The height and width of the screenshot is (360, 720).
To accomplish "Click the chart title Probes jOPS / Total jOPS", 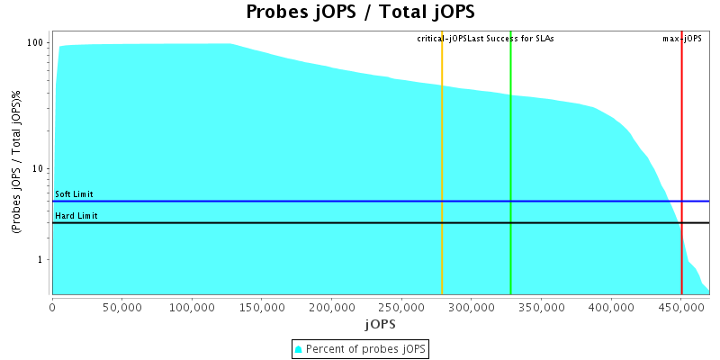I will [x=360, y=13].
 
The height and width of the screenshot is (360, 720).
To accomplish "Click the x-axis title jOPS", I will [x=380, y=323].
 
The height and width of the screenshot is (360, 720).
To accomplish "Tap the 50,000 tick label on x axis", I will [x=121, y=307].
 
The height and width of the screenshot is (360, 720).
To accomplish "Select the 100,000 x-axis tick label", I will [x=192, y=307].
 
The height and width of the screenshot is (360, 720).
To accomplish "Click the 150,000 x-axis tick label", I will [x=262, y=307].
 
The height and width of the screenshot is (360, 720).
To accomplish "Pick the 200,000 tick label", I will [x=331, y=307].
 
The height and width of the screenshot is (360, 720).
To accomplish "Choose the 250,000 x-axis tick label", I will [x=401, y=307].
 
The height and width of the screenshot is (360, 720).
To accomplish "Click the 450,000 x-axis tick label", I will [x=681, y=307].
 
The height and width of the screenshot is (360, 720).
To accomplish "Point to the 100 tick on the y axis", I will [x=37, y=43].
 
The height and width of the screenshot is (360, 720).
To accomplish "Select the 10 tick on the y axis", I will [x=40, y=169].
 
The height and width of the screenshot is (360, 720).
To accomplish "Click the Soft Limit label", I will [x=74, y=194].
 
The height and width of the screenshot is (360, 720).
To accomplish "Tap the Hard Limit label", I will [x=76, y=216].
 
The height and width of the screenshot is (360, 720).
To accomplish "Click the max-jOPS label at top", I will [x=682, y=39].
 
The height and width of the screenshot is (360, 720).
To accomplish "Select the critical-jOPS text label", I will [x=442, y=39].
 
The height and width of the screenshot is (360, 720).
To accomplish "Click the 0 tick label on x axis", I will [x=52, y=307].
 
